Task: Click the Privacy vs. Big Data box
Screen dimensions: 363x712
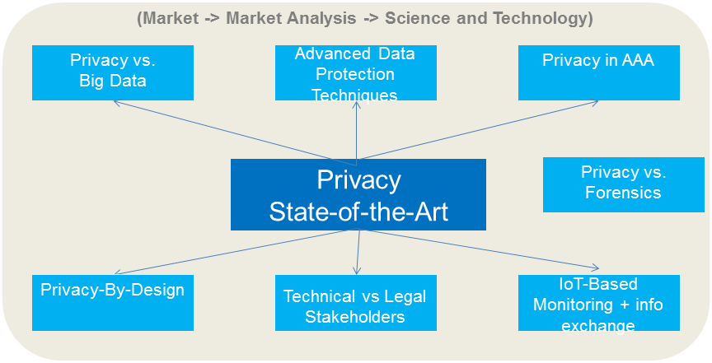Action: point(113,72)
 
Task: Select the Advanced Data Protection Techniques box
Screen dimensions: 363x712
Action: point(356,73)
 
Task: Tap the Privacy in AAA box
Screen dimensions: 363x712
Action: point(599,72)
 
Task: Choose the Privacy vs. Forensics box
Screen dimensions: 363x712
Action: point(623,184)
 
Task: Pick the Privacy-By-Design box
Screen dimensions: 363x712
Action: point(113,302)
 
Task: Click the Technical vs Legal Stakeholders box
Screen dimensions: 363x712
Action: point(356,304)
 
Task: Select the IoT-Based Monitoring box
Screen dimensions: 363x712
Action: point(599,303)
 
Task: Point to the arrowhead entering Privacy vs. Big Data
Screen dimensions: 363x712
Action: point(116,103)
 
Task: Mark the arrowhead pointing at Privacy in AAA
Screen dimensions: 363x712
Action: point(597,103)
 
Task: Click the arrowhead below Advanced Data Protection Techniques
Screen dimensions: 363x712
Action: point(357,105)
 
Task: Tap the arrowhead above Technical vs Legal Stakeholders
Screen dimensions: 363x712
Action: point(356,272)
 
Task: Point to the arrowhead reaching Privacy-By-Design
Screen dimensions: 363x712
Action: point(116,272)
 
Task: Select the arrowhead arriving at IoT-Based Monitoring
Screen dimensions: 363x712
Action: point(596,267)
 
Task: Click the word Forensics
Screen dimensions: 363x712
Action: point(623,193)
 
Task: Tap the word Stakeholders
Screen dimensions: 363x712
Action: point(355,317)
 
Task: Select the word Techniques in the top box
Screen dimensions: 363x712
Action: point(354,95)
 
